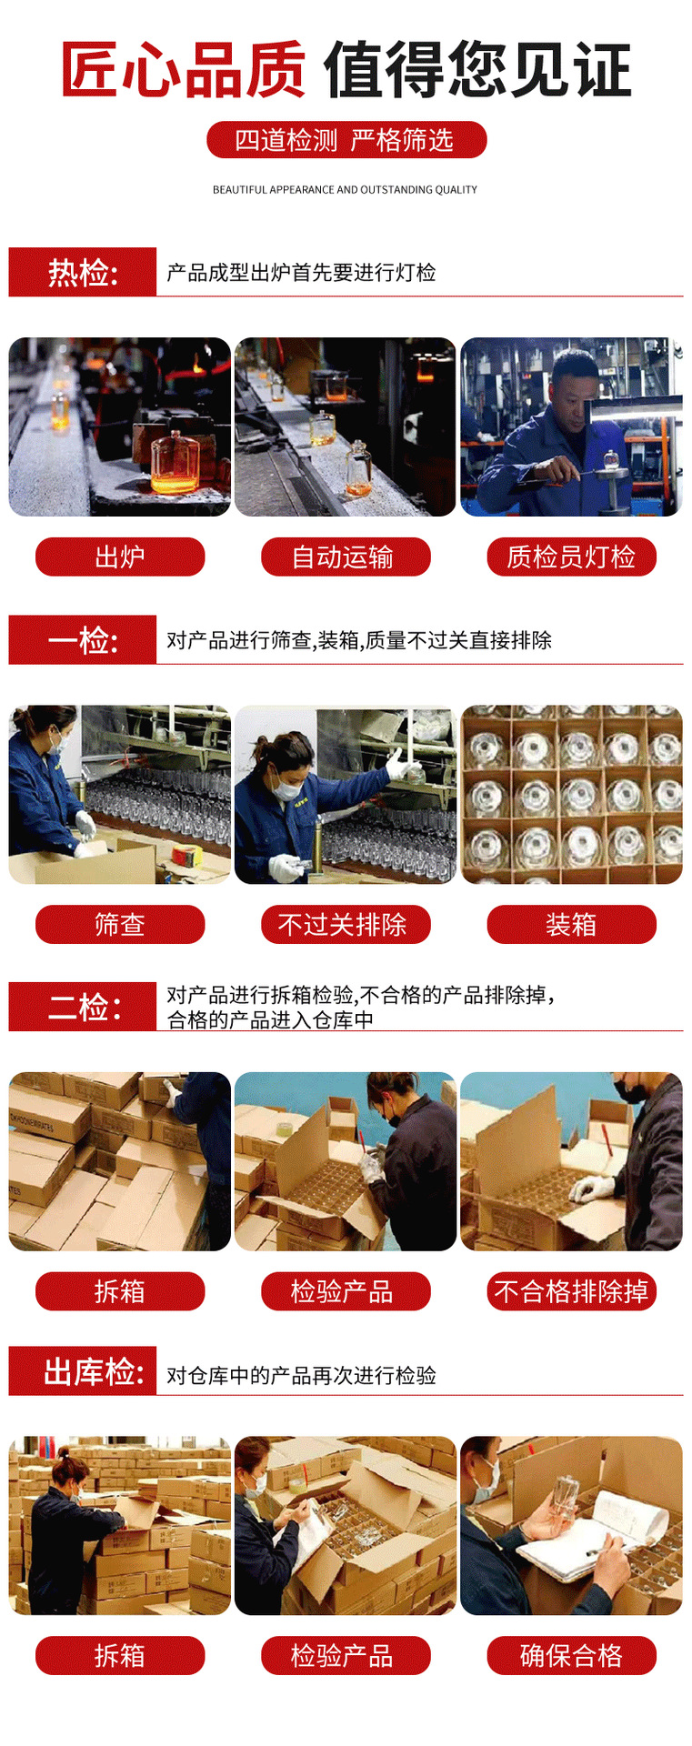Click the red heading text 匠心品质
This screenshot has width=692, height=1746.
coord(183,69)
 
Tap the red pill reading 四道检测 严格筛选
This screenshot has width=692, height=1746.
coord(346,140)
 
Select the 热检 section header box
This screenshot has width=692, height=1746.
coord(83,272)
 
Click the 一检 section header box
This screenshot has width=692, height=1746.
coord(83,639)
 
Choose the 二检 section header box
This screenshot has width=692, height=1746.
coord(83,1007)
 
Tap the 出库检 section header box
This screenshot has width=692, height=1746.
coord(83,1371)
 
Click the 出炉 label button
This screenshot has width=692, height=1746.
coord(120,557)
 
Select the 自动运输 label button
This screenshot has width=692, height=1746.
coord(346,557)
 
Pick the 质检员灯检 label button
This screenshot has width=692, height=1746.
coord(571,557)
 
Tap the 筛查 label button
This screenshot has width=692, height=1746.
coord(120,925)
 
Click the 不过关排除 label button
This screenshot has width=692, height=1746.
coord(346,925)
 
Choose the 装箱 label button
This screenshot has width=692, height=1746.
coord(571,925)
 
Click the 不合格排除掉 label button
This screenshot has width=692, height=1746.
coord(571,1291)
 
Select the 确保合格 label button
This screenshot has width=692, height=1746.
coord(571,1655)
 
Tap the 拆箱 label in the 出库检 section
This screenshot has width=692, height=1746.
coord(120,1655)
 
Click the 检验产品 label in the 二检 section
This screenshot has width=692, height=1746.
coord(346,1291)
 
